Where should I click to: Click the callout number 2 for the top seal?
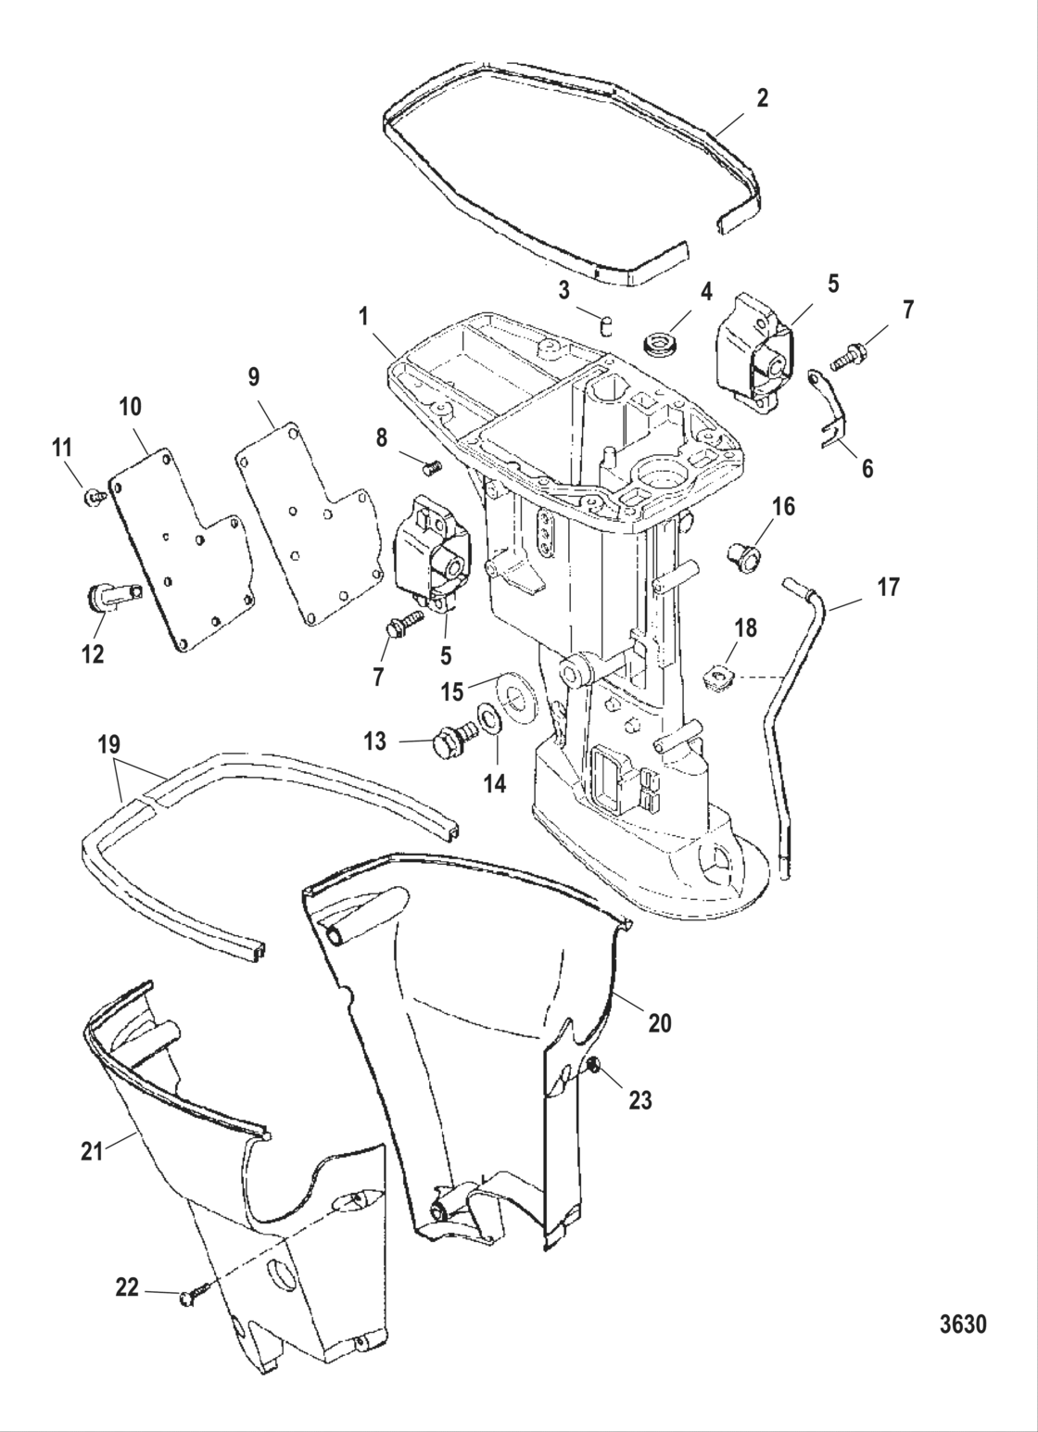(762, 98)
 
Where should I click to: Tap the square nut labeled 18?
(716, 681)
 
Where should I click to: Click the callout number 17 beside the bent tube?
(888, 588)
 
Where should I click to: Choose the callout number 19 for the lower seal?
(108, 744)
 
